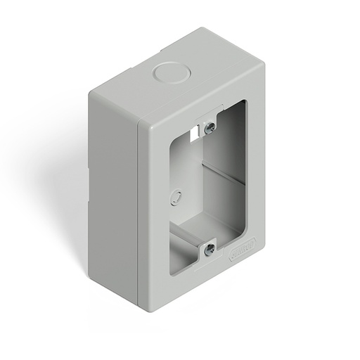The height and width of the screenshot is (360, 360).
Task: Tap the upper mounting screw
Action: pyautogui.click(x=209, y=128)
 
